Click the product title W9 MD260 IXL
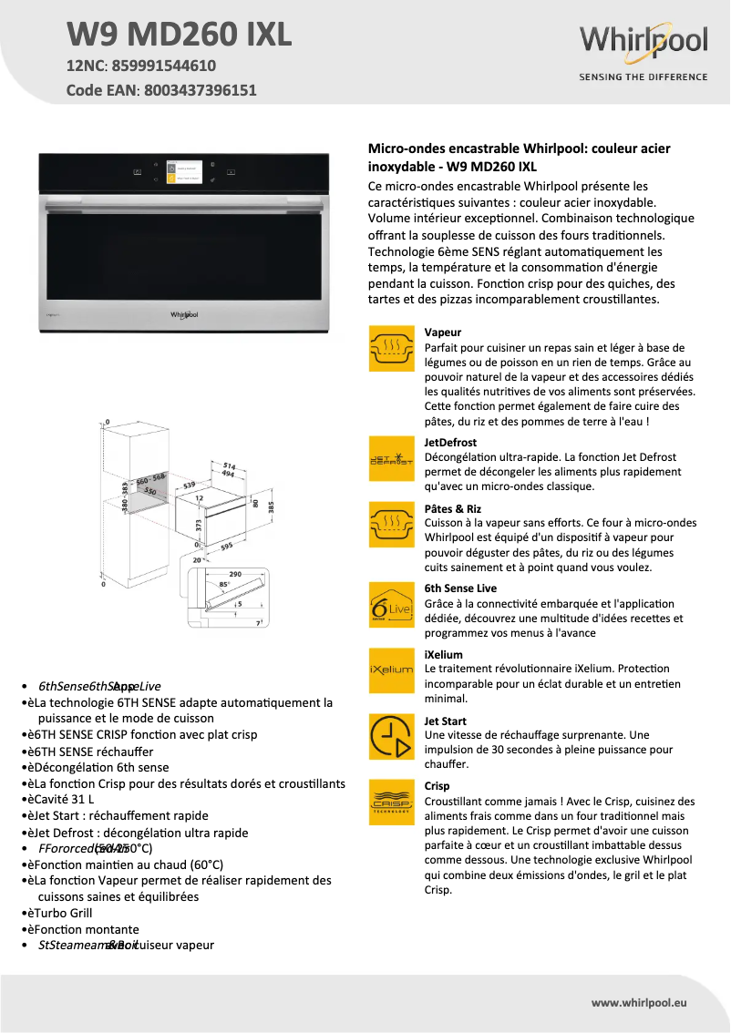180,35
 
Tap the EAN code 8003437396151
200,90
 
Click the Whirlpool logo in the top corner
643,42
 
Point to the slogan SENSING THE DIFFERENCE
643,77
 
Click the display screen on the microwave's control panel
184,174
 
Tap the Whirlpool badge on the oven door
184,314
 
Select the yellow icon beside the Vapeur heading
391,348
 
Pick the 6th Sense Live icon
391,605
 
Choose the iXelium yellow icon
391,670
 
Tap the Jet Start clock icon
391,736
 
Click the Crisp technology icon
391,802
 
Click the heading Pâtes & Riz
453,508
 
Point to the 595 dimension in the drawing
226,547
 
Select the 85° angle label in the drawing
224,584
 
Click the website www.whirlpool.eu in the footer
639,1002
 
